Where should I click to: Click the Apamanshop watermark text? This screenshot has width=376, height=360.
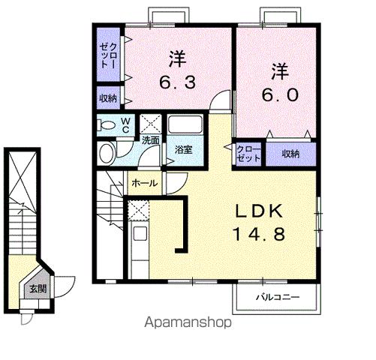click(188, 323)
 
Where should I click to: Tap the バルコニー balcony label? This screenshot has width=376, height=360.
click(278, 297)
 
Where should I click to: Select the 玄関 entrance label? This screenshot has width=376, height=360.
click(38, 289)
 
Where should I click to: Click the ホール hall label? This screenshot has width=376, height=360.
click(145, 183)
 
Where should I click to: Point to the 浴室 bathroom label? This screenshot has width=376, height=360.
click(183, 150)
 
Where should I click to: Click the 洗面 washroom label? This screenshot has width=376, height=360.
click(151, 140)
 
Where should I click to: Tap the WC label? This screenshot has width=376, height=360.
click(126, 125)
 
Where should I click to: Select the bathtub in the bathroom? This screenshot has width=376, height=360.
click(185, 124)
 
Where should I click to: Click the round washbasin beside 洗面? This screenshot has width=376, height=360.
click(107, 153)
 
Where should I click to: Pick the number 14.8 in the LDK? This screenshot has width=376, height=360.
click(259, 234)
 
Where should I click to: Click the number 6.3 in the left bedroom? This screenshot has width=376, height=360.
click(178, 82)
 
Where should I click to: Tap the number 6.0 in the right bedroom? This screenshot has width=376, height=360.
click(280, 94)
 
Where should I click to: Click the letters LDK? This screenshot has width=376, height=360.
click(259, 211)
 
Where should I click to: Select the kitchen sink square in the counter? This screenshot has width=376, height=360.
click(140, 233)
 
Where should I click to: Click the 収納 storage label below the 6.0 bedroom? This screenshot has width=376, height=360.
click(290, 154)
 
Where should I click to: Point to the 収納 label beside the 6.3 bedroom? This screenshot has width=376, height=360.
click(108, 98)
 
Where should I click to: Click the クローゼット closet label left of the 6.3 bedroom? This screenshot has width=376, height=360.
click(108, 55)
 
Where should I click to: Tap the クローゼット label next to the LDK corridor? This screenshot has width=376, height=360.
click(248, 154)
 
